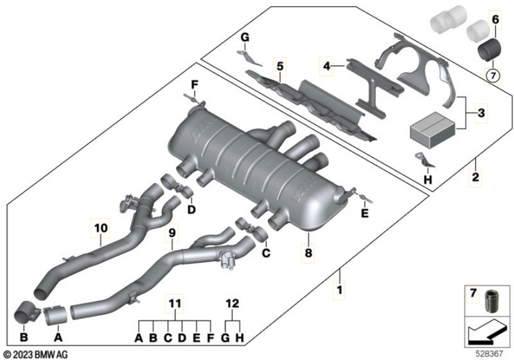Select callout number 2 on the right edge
click(x=475, y=175)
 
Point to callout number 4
click(x=326, y=66)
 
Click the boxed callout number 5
click(x=279, y=66)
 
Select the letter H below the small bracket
click(x=429, y=180)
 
